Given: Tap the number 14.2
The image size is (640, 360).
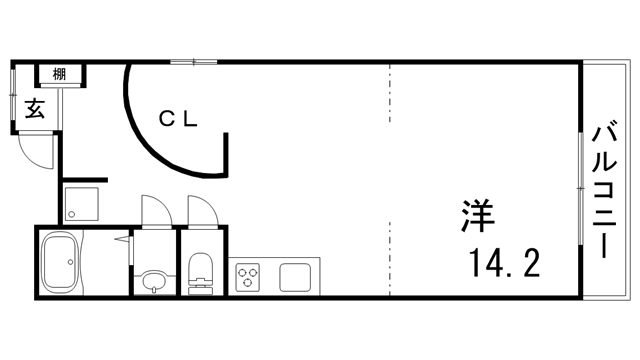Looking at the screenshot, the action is click(x=505, y=263).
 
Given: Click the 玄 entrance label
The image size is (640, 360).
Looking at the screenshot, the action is click(x=35, y=110).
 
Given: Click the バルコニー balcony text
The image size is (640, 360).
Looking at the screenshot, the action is click(x=604, y=188).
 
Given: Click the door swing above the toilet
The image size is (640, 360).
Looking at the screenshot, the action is click(x=201, y=211).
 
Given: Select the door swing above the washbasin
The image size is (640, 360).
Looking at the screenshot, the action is click(x=154, y=211).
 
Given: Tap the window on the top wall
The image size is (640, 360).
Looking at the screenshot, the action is click(x=194, y=62).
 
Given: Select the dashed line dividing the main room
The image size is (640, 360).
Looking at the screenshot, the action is click(x=388, y=180).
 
